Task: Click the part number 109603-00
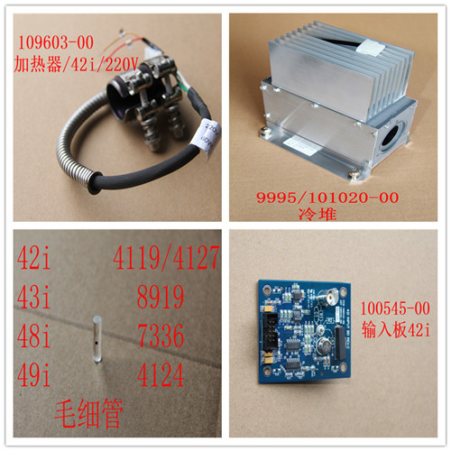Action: pos(56,42)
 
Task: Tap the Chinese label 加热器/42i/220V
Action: pos(76,64)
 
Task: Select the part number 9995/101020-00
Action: pos(327,198)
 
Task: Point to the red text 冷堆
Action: pos(318,214)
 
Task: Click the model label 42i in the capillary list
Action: pos(33,257)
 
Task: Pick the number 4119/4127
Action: pos(166,257)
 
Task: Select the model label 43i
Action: pos(33,297)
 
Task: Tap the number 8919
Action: pos(161,297)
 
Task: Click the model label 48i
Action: pos(33,336)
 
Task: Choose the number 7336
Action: pos(161,336)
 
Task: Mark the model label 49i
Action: pos(33,374)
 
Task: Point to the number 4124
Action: pos(161,374)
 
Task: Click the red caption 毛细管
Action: pos(89,414)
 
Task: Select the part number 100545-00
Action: pos(395,308)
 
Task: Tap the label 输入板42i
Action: pos(396,329)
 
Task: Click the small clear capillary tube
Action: pos(97,339)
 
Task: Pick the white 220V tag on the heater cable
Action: pos(207,137)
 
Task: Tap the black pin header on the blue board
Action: pos(271,333)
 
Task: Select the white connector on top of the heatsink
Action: pos(372,48)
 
